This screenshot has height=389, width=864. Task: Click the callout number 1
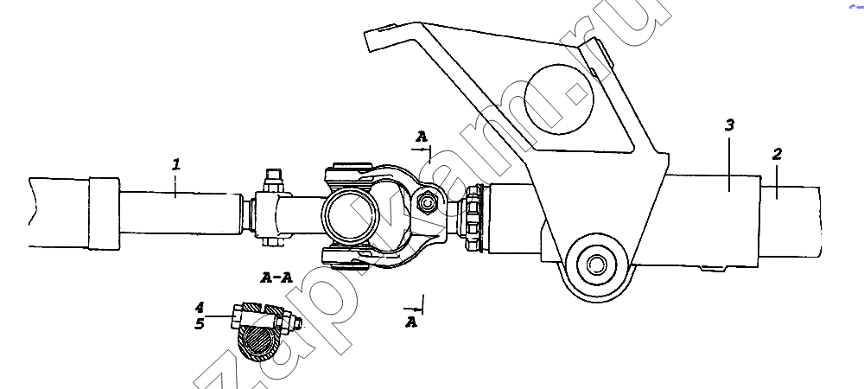click(175, 163)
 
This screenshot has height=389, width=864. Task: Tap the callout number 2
click(777, 155)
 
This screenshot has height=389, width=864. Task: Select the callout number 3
click(729, 126)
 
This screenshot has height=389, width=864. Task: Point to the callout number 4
click(199, 307)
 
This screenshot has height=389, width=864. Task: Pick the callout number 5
click(199, 324)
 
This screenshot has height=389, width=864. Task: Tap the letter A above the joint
click(422, 137)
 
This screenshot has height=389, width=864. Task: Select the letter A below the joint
click(412, 322)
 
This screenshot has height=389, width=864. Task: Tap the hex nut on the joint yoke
click(425, 203)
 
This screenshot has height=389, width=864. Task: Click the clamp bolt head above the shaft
click(274, 176)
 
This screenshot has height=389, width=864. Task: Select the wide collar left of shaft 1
click(104, 213)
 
